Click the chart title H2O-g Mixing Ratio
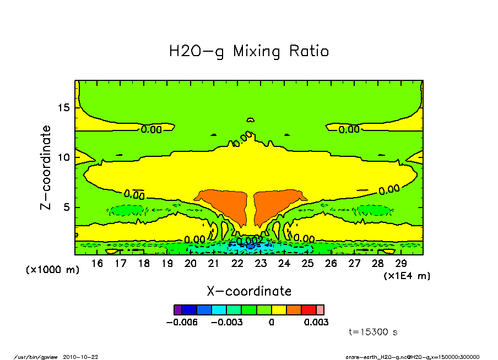click(x=249, y=52)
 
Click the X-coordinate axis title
click(x=249, y=291)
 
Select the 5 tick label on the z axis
click(x=66, y=208)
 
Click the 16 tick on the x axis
click(x=98, y=264)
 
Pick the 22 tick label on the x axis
click(x=237, y=264)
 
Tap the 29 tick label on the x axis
click(x=401, y=264)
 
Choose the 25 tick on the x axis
click(x=307, y=264)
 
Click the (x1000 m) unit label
click(x=53, y=270)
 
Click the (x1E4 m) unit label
click(x=407, y=275)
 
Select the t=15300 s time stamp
click(x=373, y=332)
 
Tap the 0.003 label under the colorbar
click(x=316, y=322)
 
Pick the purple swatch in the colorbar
click(x=177, y=310)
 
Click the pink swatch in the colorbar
click(x=320, y=310)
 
